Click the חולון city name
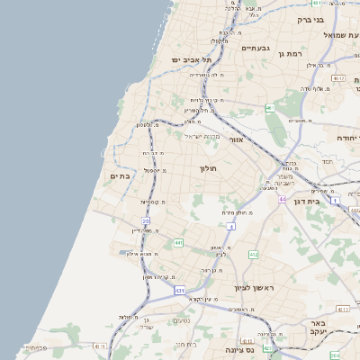(x=208, y=168)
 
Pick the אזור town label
(x=237, y=140)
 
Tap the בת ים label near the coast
(x=120, y=176)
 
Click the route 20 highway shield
(x=146, y=220)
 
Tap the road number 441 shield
(x=179, y=242)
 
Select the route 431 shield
(x=180, y=291)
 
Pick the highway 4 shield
(x=230, y=227)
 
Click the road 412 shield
(x=254, y=256)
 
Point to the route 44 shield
(x=283, y=199)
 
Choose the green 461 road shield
(x=270, y=108)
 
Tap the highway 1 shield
(x=334, y=201)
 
